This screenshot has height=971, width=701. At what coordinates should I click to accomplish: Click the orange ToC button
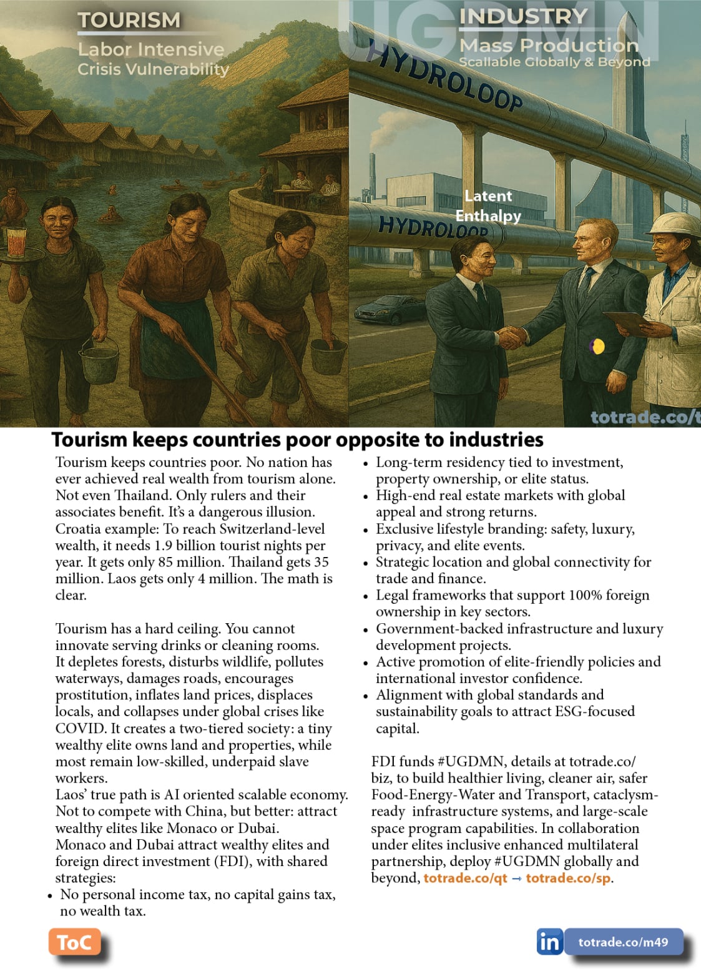[74, 942]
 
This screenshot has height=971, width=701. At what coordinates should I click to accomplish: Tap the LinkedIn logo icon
[549, 942]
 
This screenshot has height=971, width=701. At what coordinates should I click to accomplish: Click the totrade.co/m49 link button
[622, 942]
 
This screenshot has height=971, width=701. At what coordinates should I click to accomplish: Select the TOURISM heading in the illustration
[129, 20]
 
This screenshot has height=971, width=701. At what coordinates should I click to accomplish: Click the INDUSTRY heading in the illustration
[523, 16]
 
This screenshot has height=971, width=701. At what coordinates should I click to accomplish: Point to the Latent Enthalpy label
[488, 205]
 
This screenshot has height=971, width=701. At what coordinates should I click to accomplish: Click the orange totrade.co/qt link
[465, 878]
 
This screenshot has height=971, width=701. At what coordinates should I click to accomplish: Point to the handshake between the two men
[513, 337]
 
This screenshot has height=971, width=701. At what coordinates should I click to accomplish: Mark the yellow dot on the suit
[597, 346]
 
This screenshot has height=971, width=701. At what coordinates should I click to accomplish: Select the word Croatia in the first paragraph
[77, 529]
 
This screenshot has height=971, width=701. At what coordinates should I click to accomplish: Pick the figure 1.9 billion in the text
[185, 545]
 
